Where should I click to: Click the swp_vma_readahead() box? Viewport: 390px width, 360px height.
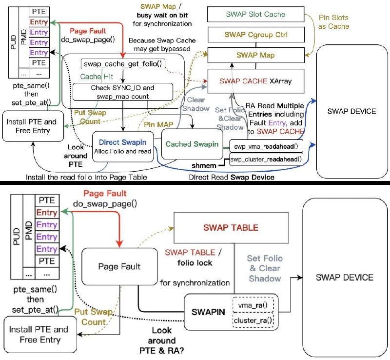tap(265, 145)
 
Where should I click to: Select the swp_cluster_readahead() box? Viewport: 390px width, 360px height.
tap(265, 159)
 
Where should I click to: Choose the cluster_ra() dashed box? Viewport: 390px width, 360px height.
tap(253, 321)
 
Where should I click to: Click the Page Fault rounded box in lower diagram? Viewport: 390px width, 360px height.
tap(119, 266)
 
